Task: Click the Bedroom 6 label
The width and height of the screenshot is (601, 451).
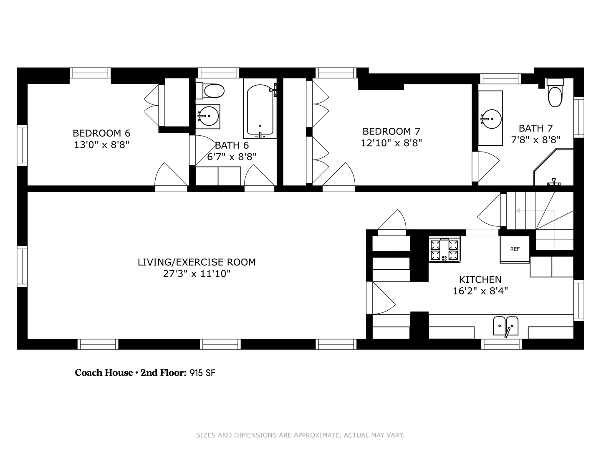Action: (101, 133)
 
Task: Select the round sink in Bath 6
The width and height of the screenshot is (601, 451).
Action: (208, 116)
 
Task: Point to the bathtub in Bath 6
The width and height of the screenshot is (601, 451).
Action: (260, 111)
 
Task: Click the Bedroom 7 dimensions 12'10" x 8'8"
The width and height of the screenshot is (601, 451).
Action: (391, 143)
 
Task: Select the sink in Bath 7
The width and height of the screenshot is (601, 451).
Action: (490, 119)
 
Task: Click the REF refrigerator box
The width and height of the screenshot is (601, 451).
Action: (515, 249)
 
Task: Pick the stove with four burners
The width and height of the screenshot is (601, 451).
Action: (444, 250)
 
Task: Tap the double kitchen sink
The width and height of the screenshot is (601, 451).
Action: (506, 326)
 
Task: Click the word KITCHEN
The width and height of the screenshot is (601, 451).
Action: (480, 279)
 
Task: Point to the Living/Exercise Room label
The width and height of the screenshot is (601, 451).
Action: (197, 262)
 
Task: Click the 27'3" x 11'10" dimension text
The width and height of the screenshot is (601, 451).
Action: (197, 274)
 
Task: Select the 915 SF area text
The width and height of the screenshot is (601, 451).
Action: (202, 373)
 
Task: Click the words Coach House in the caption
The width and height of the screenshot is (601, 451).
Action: (104, 373)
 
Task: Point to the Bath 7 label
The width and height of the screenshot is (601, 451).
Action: (535, 128)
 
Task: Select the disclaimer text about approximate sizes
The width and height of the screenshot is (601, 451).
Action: (300, 435)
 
